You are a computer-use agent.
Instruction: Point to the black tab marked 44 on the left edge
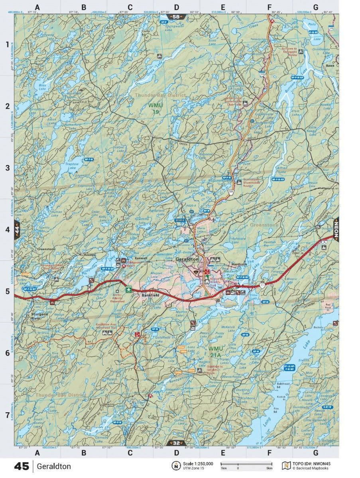(16, 231)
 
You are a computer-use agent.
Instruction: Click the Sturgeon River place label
(39, 317)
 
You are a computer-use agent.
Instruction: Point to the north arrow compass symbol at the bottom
(176, 466)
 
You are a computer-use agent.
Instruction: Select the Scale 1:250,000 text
(198, 464)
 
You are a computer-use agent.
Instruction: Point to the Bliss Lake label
(42, 86)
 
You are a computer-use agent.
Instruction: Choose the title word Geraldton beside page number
(55, 466)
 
